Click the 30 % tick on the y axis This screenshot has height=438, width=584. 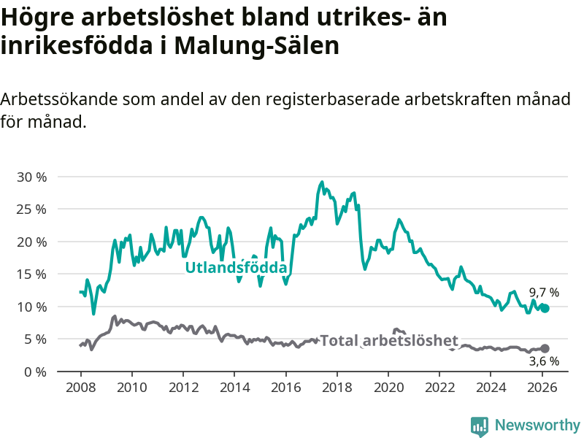pyautogui.click(x=31, y=177)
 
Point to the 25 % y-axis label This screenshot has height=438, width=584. pyautogui.click(x=31, y=209)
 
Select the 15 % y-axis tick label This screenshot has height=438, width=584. pyautogui.click(x=31, y=274)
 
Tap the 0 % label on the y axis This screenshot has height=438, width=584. pyautogui.click(x=36, y=372)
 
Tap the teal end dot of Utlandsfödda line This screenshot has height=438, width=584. pyautogui.click(x=545, y=308)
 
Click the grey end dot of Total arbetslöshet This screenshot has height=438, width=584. pyautogui.click(x=545, y=348)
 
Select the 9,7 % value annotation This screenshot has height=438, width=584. pyautogui.click(x=544, y=292)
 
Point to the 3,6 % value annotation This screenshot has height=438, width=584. pyautogui.click(x=544, y=361)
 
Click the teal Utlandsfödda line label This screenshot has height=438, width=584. pyautogui.click(x=236, y=268)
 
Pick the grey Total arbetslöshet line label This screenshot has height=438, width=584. pyautogui.click(x=389, y=340)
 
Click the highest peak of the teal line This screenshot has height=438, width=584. pyautogui.click(x=322, y=182)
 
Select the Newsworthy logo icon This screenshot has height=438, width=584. pyautogui.click(x=480, y=425)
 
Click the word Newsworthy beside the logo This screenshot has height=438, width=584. pyautogui.click(x=537, y=425)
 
